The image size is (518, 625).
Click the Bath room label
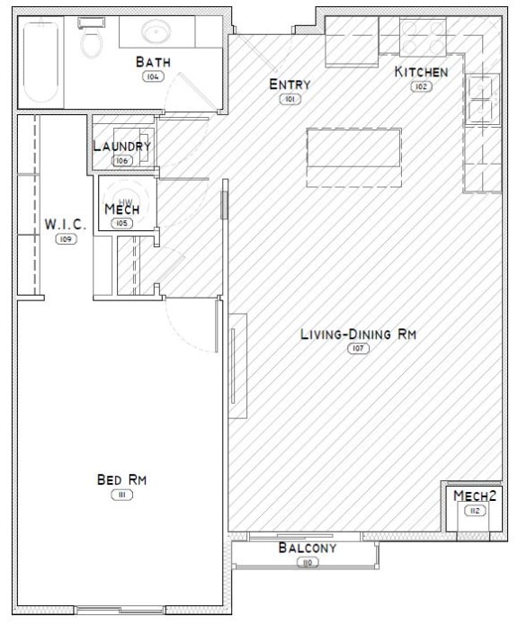point(154,62)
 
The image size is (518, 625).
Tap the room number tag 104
point(152,77)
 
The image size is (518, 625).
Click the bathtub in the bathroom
point(40,61)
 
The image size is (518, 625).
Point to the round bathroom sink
point(158,33)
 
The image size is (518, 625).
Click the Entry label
point(290,85)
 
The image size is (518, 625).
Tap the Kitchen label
point(421,71)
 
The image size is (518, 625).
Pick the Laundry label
point(122,146)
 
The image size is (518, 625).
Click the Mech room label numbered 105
point(121,210)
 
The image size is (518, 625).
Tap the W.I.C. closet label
point(66,225)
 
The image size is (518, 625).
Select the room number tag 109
point(65,239)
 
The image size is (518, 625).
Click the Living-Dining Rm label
point(358,334)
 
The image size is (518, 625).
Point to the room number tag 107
point(358,348)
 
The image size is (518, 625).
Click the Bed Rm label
point(121,479)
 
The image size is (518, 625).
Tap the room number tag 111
point(120,495)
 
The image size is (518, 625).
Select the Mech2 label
point(474,496)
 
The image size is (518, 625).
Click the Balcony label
point(307,548)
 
